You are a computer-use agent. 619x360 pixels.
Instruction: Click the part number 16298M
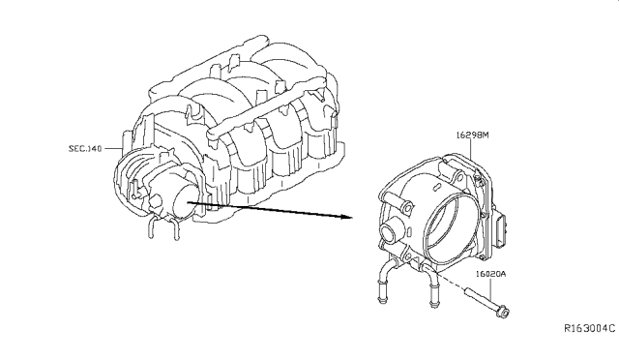click(x=473, y=135)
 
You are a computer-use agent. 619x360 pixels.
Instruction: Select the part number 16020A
click(x=490, y=274)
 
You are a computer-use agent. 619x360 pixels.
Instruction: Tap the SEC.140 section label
click(x=85, y=149)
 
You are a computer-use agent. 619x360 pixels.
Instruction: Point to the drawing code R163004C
click(x=589, y=328)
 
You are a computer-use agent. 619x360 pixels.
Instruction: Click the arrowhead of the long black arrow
click(x=346, y=217)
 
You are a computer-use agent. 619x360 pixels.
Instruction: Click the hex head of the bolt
click(x=503, y=312)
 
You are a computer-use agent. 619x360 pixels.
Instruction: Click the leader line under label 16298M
click(x=472, y=149)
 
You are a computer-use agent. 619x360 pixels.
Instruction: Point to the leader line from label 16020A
click(x=490, y=288)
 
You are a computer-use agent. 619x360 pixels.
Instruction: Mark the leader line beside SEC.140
click(x=113, y=149)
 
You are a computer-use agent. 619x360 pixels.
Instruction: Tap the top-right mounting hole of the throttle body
click(x=459, y=177)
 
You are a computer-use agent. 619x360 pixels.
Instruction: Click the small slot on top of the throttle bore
click(x=436, y=185)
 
